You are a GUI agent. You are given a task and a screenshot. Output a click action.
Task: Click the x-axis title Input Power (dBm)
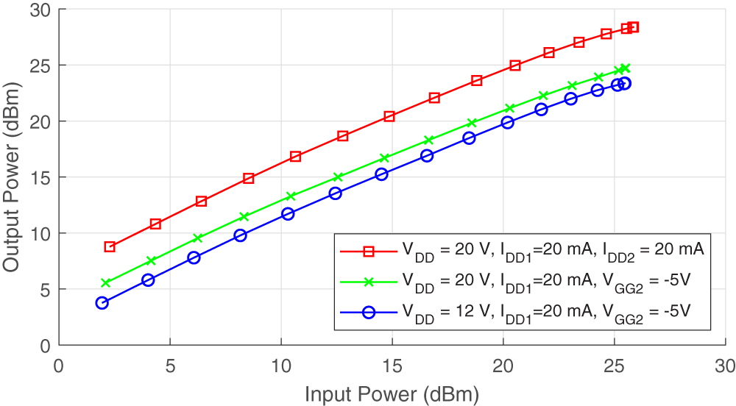click(x=392, y=394)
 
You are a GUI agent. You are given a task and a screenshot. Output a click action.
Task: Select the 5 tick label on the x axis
click(x=170, y=365)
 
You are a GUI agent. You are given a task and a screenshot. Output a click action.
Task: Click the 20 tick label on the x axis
click(x=503, y=365)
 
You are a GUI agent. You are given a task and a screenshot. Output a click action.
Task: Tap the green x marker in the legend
click(x=369, y=281)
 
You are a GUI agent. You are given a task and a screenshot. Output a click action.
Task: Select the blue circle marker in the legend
click(x=369, y=312)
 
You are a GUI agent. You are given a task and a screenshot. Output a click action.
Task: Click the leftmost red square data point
click(x=110, y=247)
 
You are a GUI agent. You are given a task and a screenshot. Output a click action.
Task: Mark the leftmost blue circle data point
click(x=102, y=302)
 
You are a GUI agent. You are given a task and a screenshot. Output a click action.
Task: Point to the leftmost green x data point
click(x=105, y=283)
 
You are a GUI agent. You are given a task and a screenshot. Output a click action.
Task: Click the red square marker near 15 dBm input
click(x=389, y=117)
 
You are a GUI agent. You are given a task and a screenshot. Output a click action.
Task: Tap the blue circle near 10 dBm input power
click(x=288, y=213)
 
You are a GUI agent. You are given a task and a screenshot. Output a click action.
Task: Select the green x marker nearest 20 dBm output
click(x=473, y=123)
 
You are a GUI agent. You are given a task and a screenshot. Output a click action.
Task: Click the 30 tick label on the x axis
click(x=725, y=365)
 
